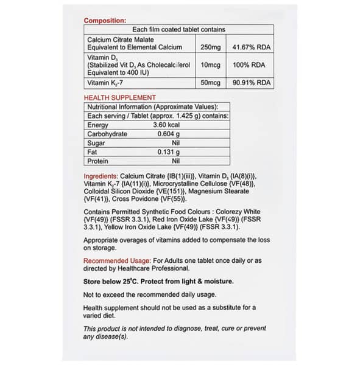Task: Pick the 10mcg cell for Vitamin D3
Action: pyautogui.click(x=210, y=64)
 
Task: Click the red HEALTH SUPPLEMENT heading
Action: pyautogui.click(x=119, y=97)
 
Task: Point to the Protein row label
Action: pyautogui.click(x=97, y=161)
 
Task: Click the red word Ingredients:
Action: pyautogui.click(x=101, y=176)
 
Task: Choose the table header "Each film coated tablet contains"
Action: pyautogui.click(x=178, y=29)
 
